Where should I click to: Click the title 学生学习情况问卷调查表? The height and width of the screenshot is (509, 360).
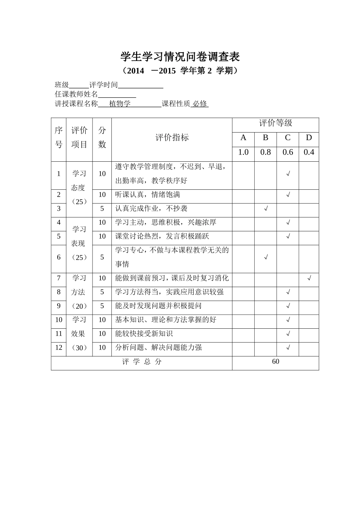[x=180, y=57]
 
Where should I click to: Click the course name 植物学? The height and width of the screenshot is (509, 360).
[x=120, y=104]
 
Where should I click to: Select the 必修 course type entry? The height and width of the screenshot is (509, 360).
[x=200, y=104]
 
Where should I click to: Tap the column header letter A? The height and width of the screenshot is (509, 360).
[x=243, y=138]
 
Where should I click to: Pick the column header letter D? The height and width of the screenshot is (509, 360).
[x=309, y=138]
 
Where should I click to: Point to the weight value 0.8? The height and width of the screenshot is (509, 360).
[x=265, y=152]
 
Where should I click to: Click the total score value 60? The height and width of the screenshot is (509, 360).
[x=275, y=362]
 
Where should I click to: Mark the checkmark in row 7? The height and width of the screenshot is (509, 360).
[x=309, y=279]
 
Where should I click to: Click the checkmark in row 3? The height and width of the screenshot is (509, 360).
[x=266, y=209]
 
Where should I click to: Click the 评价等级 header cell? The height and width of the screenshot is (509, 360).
[x=275, y=123]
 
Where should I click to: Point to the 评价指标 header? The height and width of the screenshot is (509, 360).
[x=172, y=137]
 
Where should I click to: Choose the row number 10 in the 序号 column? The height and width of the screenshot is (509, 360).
[x=59, y=320]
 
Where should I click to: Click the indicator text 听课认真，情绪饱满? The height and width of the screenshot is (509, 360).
[x=148, y=195]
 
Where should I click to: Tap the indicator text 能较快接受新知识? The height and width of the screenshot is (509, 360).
[x=144, y=334]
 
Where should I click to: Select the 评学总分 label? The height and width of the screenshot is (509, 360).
[x=142, y=362]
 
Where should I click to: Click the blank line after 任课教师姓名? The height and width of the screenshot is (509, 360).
[x=117, y=95]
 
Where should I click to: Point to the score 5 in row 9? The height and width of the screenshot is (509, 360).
[x=102, y=306]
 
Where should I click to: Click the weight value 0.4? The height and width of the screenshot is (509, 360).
[x=309, y=152]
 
